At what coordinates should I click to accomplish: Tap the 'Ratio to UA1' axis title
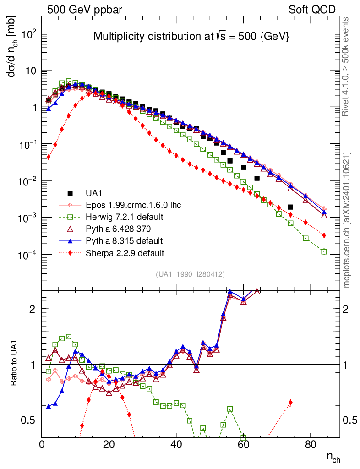[x=14, y=365]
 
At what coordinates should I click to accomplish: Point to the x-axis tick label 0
[x=42, y=444]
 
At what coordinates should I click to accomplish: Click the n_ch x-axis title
[x=333, y=457]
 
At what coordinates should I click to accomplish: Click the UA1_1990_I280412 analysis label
[x=190, y=274]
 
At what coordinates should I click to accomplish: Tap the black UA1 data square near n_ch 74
[x=290, y=207]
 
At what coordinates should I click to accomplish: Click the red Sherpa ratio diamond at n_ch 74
[x=290, y=403]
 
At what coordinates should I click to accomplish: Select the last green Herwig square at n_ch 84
[x=324, y=251]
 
